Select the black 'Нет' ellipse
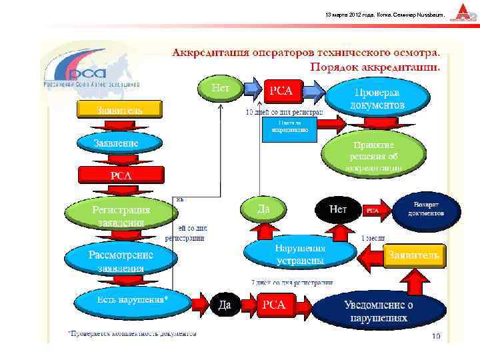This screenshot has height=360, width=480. pyautogui.click(x=338, y=209)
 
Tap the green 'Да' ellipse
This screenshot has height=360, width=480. pyautogui.click(x=264, y=209)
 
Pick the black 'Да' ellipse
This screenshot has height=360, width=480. pyautogui.click(x=225, y=305)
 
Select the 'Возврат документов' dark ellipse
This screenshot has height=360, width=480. pyautogui.click(x=427, y=209)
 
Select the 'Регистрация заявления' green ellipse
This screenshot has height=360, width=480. pyautogui.click(x=121, y=215)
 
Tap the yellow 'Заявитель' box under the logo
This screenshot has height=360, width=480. pyautogui.click(x=119, y=109)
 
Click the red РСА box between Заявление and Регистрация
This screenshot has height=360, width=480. pyautogui.click(x=121, y=175)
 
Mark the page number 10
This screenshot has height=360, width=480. pyautogui.click(x=436, y=335)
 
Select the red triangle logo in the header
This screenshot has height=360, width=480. pyautogui.click(x=461, y=13)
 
